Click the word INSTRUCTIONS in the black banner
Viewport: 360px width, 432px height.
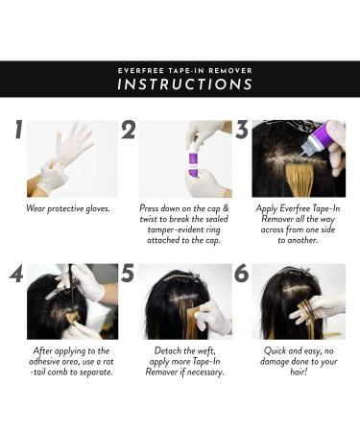[185, 84]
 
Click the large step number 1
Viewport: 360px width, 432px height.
[19, 130]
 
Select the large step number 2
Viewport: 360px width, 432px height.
[128, 130]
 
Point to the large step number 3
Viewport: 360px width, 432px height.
[242, 130]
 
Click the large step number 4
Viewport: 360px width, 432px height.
[16, 274]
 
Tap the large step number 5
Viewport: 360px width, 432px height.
[128, 274]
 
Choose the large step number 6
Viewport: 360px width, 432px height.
[242, 274]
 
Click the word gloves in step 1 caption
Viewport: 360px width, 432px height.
[98, 208]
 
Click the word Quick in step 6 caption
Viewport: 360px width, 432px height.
[276, 351]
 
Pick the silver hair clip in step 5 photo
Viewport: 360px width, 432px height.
[181, 276]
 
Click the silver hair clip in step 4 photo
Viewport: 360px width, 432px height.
[57, 292]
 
